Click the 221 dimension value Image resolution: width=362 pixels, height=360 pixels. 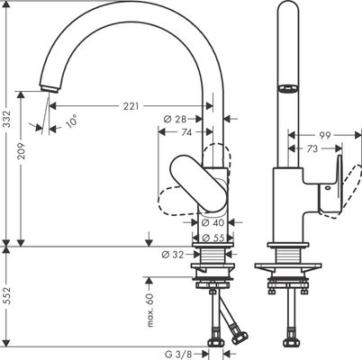click(131, 106)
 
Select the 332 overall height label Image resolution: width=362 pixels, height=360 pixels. click(7, 120)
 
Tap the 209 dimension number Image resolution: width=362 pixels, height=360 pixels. click(22, 151)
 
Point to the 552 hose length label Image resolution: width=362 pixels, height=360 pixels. click(7, 296)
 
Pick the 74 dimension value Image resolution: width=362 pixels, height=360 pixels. click(186, 132)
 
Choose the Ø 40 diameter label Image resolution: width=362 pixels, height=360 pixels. click(213, 222)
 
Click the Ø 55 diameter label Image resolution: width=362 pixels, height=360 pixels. click(213, 238)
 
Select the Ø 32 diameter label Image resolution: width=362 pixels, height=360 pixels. click(172, 255)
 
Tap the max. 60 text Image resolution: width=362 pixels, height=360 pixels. click(150, 310)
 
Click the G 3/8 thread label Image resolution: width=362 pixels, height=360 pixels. click(178, 355)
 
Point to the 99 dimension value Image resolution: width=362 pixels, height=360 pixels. click(324, 136)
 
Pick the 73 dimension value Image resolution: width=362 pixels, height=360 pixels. click(312, 148)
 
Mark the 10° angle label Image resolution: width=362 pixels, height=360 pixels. click(71, 121)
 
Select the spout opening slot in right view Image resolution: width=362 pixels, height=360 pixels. click(288, 88)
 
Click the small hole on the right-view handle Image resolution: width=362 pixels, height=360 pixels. click(327, 189)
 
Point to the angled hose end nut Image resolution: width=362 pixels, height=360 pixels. click(240, 337)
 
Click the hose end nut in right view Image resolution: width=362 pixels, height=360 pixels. click(291, 341)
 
